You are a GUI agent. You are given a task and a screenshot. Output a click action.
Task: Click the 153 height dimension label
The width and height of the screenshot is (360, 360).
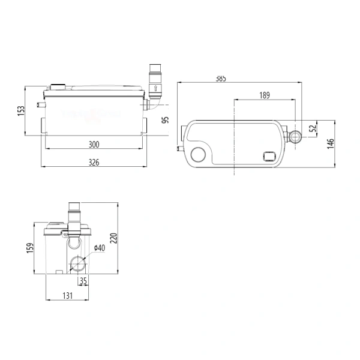(x=21, y=111)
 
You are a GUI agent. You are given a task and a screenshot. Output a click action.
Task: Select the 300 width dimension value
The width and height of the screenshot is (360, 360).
(x=94, y=145)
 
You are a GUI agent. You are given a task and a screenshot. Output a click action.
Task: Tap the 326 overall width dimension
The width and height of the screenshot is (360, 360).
(x=94, y=163)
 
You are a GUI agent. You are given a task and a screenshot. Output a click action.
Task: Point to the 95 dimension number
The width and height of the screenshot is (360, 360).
(x=166, y=120)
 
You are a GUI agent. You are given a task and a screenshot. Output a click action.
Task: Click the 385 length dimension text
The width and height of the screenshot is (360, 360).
(x=221, y=79)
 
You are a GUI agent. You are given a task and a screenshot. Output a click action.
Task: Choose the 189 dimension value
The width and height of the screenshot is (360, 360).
(x=265, y=95)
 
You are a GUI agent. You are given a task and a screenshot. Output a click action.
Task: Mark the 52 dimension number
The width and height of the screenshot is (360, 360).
(x=313, y=128)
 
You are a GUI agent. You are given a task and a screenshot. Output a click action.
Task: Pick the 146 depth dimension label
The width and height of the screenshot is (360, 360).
(x=331, y=144)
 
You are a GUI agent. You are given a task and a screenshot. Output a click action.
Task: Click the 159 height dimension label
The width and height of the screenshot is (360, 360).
(x=30, y=248)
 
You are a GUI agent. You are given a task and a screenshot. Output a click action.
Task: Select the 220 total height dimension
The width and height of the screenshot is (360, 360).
(x=113, y=238)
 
